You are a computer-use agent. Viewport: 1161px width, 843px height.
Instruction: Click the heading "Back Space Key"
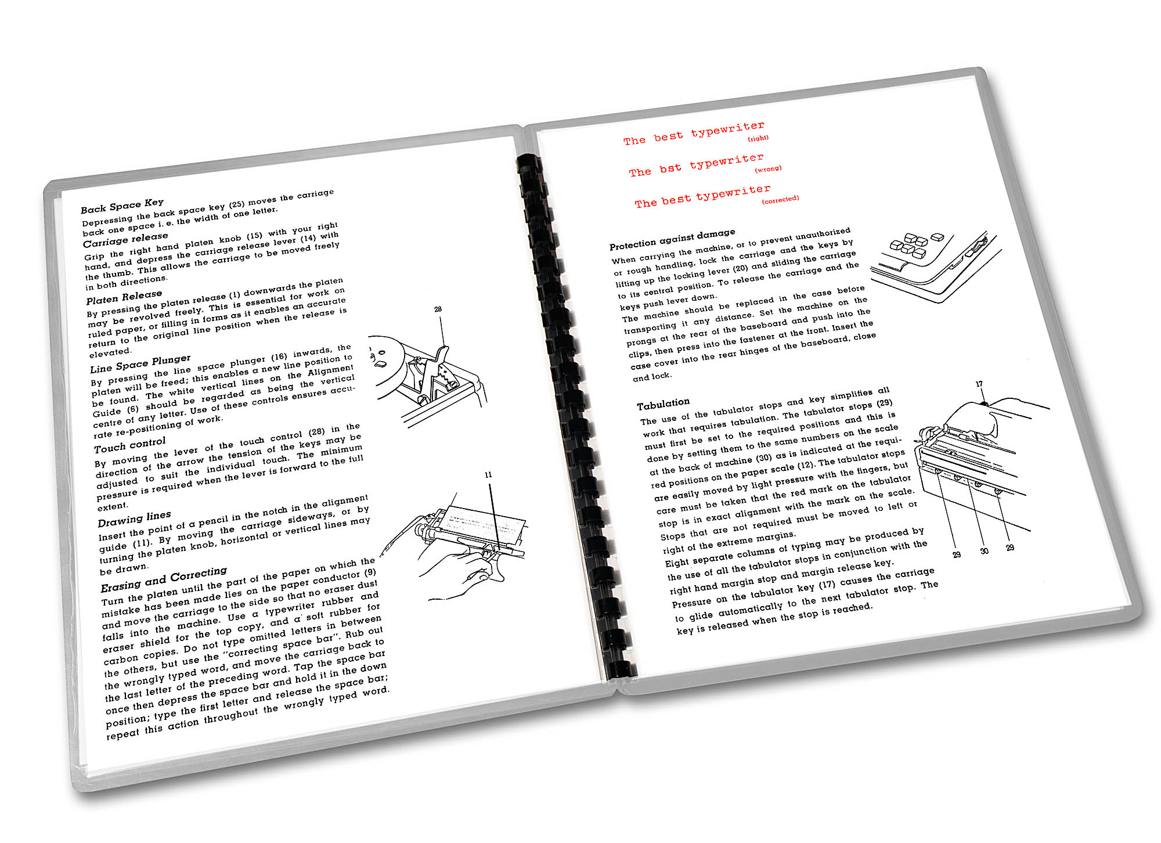pos(122,206)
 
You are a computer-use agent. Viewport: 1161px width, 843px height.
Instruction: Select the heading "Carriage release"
pos(125,239)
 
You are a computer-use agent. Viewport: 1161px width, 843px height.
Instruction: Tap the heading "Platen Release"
pos(124,297)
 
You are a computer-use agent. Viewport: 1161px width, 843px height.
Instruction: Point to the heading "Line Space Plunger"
pos(140,363)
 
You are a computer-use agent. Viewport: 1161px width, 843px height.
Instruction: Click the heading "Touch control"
pos(129,445)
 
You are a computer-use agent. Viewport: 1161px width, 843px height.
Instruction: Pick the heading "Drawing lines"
pos(134,518)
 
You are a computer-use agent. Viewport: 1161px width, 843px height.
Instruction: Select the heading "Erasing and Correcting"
pos(164,579)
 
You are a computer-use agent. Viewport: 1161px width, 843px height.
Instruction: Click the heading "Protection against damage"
pos(672,239)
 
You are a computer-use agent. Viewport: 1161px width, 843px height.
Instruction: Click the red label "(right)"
pos(758,138)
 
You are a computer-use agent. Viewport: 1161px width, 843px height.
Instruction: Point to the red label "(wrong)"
pos(768,169)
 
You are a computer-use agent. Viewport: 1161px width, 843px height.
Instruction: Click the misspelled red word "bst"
pos(670,168)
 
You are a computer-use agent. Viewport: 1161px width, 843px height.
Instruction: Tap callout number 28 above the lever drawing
pos(438,309)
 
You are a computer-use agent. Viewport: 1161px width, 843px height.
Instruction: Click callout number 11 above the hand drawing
pos(488,475)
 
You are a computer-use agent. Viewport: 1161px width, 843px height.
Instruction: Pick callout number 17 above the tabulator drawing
pos(979,384)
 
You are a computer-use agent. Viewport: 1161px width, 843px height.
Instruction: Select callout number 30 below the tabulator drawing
pos(984,550)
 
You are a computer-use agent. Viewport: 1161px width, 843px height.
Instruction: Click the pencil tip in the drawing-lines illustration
pos(381,555)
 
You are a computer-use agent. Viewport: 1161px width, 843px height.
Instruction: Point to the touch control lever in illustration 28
pos(440,357)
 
